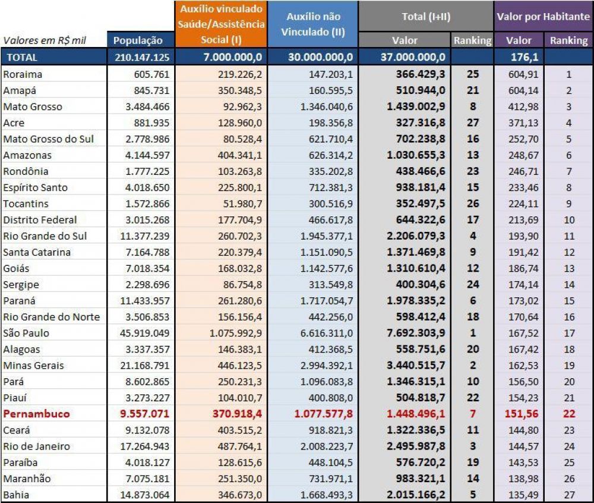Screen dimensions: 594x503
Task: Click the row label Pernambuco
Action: pos(36,414)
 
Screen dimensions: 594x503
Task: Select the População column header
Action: pos(138,40)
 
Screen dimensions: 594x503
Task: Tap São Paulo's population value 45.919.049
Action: pos(144,333)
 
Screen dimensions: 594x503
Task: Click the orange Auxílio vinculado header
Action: pos(221,24)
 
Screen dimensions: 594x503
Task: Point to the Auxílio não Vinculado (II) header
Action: pos(313,24)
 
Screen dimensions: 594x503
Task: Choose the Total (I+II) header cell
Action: pos(426,17)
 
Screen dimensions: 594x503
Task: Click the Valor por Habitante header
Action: pos(544,17)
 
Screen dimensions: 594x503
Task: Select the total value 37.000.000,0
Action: pos(413,57)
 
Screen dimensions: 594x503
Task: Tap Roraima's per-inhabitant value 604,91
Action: pos(523,74)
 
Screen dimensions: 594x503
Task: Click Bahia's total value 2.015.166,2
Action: pos(416,495)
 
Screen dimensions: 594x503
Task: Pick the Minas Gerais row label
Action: pos(34,366)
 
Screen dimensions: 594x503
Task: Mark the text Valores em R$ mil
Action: pos(45,40)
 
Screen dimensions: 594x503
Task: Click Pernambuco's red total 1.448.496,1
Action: pos(416,414)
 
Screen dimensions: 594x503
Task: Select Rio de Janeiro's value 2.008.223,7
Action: pos(327,446)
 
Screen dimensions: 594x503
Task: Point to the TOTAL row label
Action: pos(22,58)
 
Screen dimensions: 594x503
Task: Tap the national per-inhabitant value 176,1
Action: pos(525,57)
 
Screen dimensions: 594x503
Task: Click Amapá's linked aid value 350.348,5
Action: pos(240,90)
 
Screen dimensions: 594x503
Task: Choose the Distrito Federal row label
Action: pos(40,220)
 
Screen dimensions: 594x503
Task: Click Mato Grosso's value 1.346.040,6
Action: pos(327,106)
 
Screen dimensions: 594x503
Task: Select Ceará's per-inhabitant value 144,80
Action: pos(523,430)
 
